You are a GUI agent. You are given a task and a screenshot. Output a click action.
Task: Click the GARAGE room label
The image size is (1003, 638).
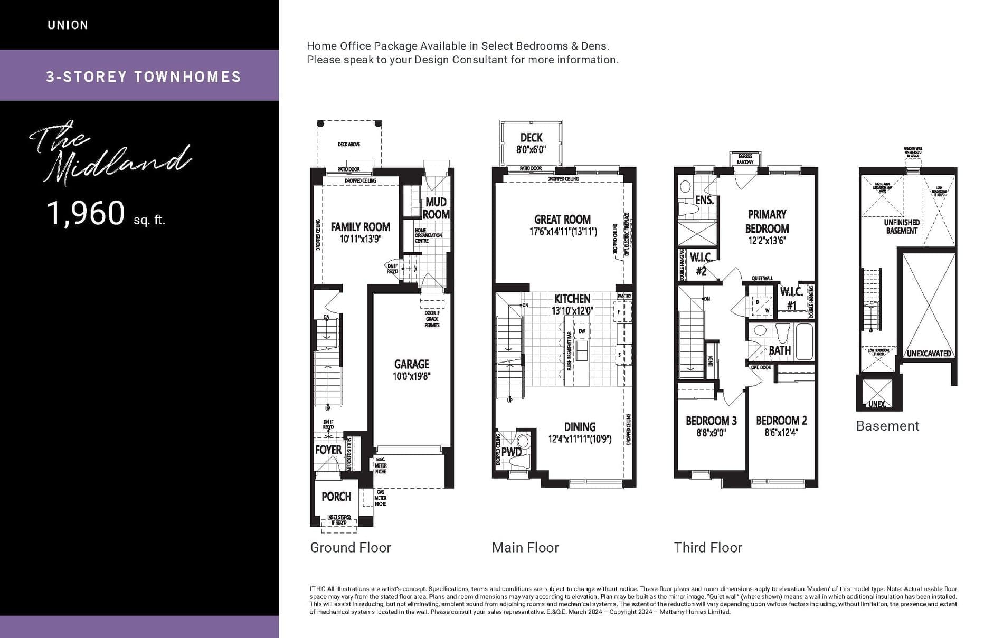(x=411, y=364)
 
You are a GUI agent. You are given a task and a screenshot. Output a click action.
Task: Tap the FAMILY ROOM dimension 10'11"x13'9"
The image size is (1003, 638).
(x=361, y=239)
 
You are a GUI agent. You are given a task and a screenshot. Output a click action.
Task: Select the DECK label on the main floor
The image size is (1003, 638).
(x=531, y=138)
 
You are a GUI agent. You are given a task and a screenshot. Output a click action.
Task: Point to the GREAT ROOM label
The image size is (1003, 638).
(x=562, y=220)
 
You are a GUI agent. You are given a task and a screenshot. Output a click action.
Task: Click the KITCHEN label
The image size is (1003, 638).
(x=572, y=299)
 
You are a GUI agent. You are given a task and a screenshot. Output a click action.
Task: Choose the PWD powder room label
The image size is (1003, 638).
(x=511, y=452)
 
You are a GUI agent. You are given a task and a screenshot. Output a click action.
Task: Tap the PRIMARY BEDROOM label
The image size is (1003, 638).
(x=767, y=221)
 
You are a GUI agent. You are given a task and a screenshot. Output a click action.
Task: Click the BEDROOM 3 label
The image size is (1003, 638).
(x=711, y=421)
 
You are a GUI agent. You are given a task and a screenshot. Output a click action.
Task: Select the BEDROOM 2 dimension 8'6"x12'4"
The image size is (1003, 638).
(x=781, y=433)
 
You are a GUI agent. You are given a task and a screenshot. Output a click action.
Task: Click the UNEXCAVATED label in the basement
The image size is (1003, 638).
(x=929, y=354)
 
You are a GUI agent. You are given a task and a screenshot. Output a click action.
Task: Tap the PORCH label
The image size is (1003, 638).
(x=336, y=497)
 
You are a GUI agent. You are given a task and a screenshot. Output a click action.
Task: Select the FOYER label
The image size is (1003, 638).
(x=328, y=450)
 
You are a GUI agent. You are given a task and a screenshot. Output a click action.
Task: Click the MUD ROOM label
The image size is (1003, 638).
(x=436, y=208)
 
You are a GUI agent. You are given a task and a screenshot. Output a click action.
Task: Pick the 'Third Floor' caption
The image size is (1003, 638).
(x=707, y=548)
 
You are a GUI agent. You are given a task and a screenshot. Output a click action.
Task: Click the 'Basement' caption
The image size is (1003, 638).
(x=887, y=426)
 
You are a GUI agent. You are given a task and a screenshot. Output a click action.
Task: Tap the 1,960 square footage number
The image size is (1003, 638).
(x=86, y=213)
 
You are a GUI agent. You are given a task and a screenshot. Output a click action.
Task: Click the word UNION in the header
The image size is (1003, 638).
(x=68, y=25)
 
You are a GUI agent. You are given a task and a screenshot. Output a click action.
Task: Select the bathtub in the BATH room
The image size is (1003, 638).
(x=804, y=342)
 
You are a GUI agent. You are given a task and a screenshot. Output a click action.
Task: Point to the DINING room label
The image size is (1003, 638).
(x=580, y=427)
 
